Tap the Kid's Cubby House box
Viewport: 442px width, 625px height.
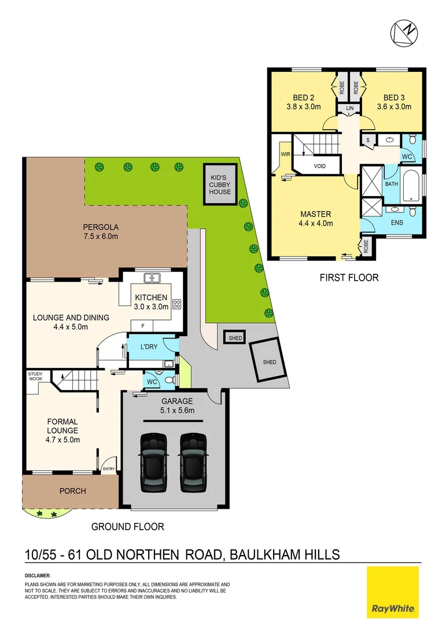point(220,184)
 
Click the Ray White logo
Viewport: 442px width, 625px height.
point(393,592)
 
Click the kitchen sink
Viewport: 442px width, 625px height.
point(152,278)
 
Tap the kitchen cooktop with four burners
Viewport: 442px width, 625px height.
point(176,304)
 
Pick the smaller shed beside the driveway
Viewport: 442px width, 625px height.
point(235,338)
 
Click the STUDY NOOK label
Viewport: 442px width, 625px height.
point(35,377)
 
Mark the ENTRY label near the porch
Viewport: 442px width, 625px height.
point(108,469)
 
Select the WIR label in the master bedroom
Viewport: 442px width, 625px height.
point(285,155)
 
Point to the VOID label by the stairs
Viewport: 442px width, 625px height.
point(319,166)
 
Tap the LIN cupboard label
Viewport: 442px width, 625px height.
point(349,108)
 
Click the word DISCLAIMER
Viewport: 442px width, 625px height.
point(38,576)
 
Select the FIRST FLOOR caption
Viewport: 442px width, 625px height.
point(349,278)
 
